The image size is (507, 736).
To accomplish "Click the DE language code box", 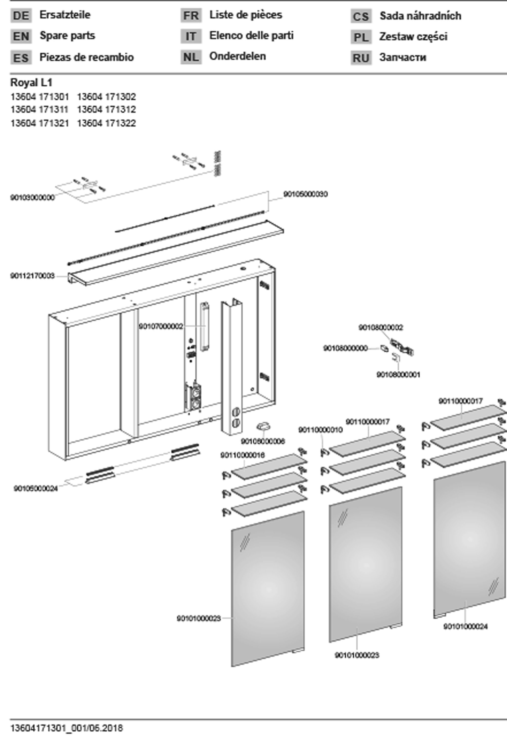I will point(21,15).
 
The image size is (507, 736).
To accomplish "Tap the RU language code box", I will point(361,58).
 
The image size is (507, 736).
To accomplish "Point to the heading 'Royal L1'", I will point(31,83).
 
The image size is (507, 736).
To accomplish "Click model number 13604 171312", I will point(106,110).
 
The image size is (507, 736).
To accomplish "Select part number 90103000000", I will point(32,197).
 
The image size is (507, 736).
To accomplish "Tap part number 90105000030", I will point(305,194).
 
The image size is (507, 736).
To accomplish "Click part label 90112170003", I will point(32,276).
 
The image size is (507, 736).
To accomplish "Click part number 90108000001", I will point(398,375).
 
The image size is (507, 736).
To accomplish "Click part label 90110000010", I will point(320,430).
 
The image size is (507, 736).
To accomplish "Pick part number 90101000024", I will point(465,627).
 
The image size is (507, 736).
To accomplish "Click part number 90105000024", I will point(36,488).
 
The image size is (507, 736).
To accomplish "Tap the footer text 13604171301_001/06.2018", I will point(66,728).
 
